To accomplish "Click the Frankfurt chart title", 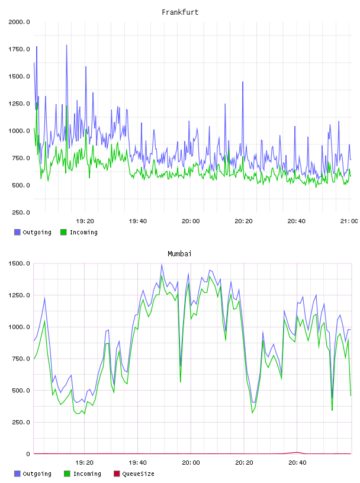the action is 180,12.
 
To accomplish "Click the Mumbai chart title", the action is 179,254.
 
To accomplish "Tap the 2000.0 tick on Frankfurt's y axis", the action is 19,22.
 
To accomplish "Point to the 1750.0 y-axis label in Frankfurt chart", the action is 19,49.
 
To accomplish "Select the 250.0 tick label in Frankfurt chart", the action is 21,212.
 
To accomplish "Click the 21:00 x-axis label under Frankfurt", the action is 349,221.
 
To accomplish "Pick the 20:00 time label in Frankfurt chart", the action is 191,221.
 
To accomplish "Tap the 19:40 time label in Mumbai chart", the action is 137,463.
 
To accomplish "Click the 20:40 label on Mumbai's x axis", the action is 297,463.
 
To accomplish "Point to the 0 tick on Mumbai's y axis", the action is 28,454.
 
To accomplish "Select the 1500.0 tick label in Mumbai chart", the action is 19,263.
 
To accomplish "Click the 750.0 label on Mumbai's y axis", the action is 21,359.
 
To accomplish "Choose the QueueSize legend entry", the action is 134,474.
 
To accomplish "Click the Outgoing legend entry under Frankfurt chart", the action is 33,232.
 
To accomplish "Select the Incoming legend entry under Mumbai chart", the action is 83,474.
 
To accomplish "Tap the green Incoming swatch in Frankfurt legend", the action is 63,232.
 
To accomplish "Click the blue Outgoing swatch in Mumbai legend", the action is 17,474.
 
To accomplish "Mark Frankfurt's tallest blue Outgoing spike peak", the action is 66,45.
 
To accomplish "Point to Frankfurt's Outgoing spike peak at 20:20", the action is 243,82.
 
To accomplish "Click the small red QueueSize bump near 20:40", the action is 297,452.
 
